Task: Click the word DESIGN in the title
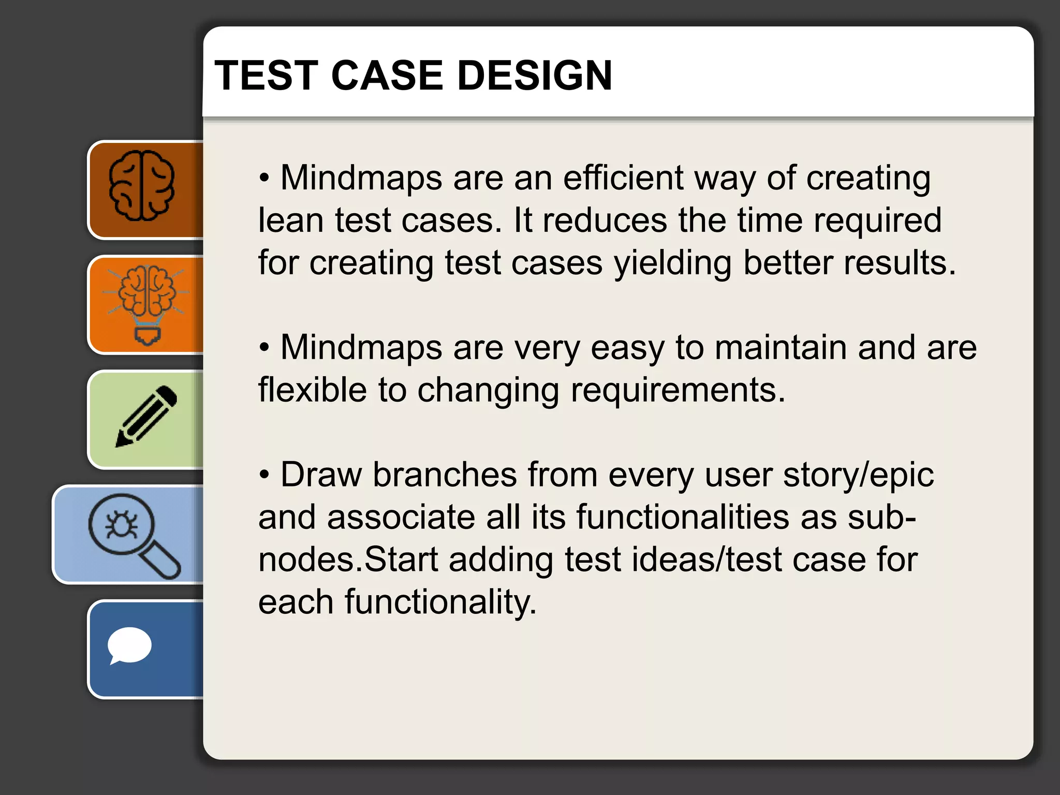[x=535, y=76]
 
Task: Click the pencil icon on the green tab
[x=146, y=417]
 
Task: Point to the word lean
[x=290, y=220]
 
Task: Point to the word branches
[x=445, y=475]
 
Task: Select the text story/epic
[x=858, y=475]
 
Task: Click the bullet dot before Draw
[x=264, y=475]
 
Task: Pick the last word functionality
[x=440, y=602]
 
